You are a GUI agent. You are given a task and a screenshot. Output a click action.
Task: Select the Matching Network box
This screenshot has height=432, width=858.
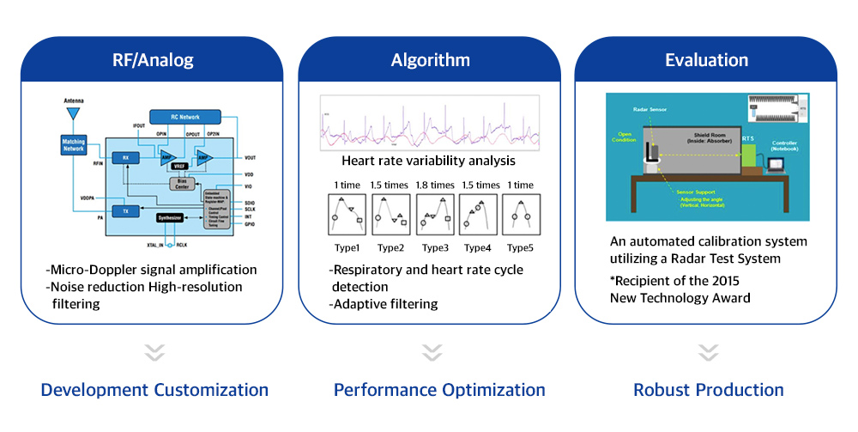pos(74,144)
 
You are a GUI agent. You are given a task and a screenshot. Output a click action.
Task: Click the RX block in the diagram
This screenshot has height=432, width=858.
pos(124,157)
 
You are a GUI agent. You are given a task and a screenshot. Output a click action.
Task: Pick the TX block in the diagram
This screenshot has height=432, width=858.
pos(124,210)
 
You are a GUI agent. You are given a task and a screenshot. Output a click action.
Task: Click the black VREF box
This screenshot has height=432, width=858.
pos(179,166)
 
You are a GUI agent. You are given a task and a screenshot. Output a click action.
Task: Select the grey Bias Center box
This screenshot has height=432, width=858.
pos(182,183)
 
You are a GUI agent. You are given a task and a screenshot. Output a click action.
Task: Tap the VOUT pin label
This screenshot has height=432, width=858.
pos(251,158)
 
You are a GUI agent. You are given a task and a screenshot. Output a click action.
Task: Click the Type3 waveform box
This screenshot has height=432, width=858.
pos(437,215)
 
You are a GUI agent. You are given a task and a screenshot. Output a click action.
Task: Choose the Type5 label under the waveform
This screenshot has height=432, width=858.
pos(519,247)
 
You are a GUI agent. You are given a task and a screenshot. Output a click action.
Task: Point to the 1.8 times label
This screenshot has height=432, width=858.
pos(437,185)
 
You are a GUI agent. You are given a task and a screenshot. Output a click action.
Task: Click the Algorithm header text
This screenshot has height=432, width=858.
pos(431,60)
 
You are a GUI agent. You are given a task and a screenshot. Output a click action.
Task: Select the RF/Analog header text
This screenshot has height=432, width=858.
pos(153,60)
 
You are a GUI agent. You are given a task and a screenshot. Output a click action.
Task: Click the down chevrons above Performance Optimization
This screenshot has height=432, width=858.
pos(432,353)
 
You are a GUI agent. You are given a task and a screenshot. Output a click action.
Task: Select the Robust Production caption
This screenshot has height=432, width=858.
pos(709,390)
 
